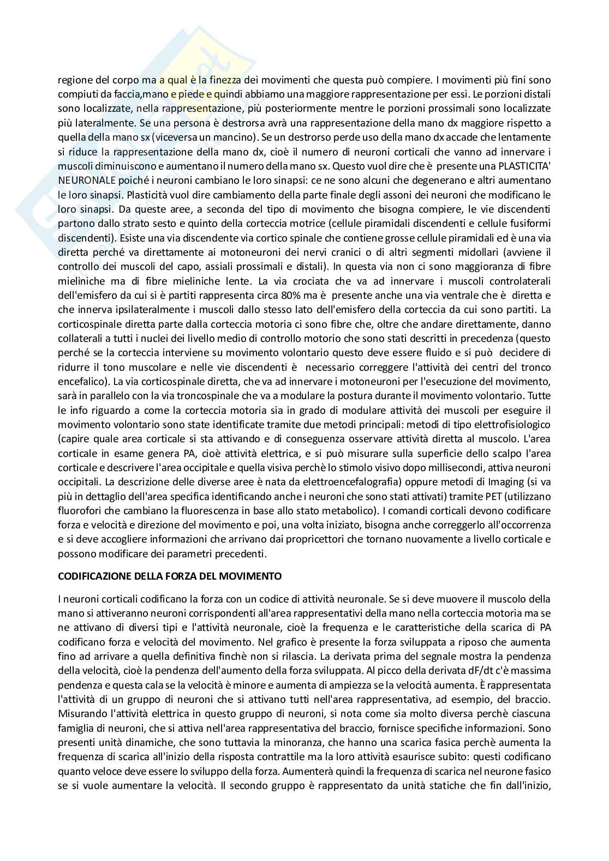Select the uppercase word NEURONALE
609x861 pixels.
point(82,180)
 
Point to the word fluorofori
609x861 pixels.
point(80,511)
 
